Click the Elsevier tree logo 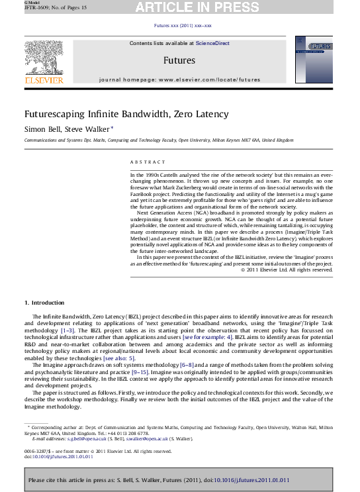click(x=44, y=57)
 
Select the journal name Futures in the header click(x=179, y=60)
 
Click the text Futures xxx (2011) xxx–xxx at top click(x=182, y=25)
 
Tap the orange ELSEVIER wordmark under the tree click(x=44, y=80)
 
